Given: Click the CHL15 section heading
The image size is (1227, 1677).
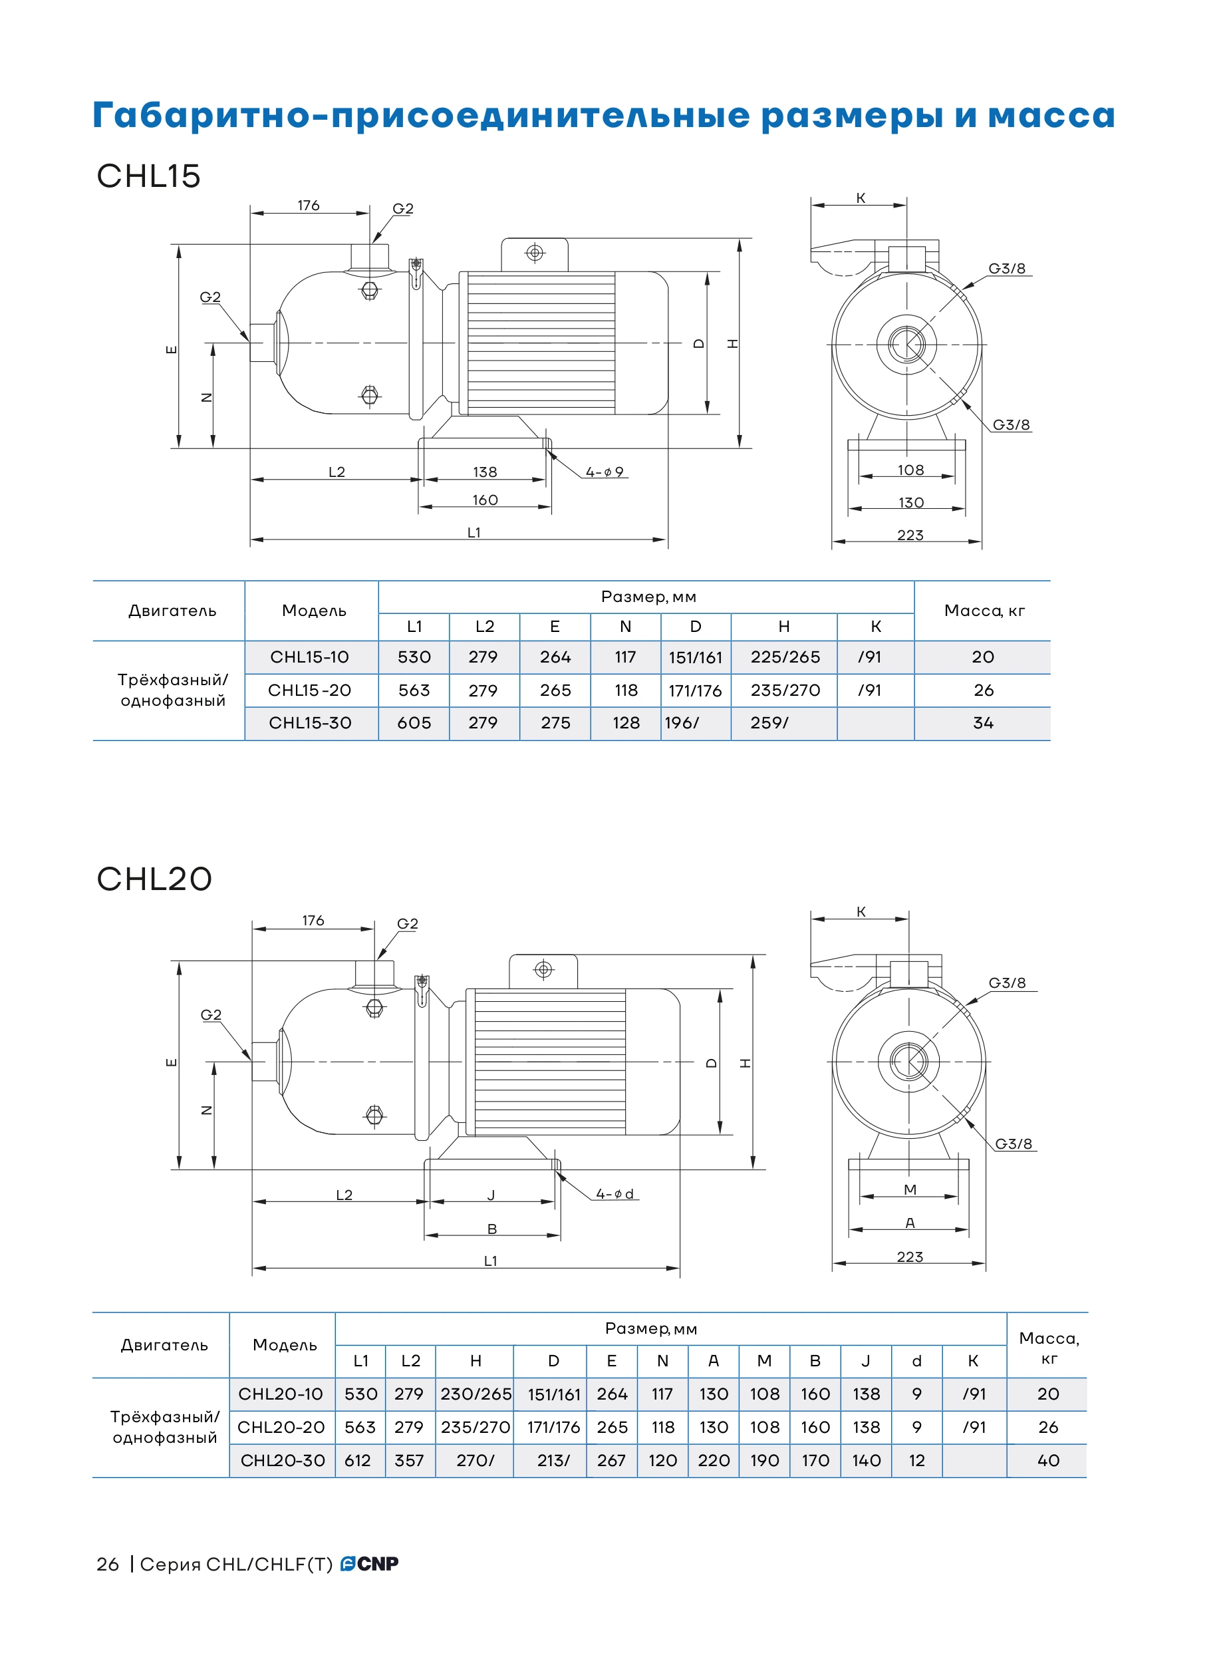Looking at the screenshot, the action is pyautogui.click(x=148, y=176).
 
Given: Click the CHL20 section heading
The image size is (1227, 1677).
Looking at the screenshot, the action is pyautogui.click(x=154, y=879).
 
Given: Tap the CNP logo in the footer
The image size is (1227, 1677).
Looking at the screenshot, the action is pyautogui.click(x=369, y=1564).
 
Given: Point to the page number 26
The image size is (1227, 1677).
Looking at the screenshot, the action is pyautogui.click(x=108, y=1564).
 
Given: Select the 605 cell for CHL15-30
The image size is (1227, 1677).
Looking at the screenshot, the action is pyautogui.click(x=414, y=723).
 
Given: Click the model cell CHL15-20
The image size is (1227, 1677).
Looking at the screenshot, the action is pyautogui.click(x=310, y=690).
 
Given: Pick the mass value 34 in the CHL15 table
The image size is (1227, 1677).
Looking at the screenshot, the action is pyautogui.click(x=984, y=723).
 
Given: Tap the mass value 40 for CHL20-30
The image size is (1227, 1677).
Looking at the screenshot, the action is pyautogui.click(x=1048, y=1461).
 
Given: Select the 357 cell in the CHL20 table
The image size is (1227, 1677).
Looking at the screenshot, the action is pyautogui.click(x=409, y=1461).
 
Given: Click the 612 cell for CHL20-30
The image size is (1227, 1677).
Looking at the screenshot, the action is pyautogui.click(x=358, y=1461).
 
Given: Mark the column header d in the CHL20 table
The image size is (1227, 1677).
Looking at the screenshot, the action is pyautogui.click(x=916, y=1361).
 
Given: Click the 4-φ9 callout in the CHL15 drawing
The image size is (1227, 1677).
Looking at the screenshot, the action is pyautogui.click(x=605, y=472).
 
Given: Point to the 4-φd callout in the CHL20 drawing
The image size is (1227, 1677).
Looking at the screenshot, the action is pyautogui.click(x=615, y=1194).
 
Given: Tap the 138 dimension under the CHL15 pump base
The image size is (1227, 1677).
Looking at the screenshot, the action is pyautogui.click(x=485, y=472).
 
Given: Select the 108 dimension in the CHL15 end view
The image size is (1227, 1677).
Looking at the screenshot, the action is pyautogui.click(x=910, y=470).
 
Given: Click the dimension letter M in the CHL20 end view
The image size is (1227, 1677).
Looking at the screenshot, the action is pyautogui.click(x=910, y=1189).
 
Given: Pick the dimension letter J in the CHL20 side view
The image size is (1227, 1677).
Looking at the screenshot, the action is pyautogui.click(x=491, y=1195).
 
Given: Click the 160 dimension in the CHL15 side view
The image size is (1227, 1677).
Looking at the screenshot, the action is pyautogui.click(x=485, y=501).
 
